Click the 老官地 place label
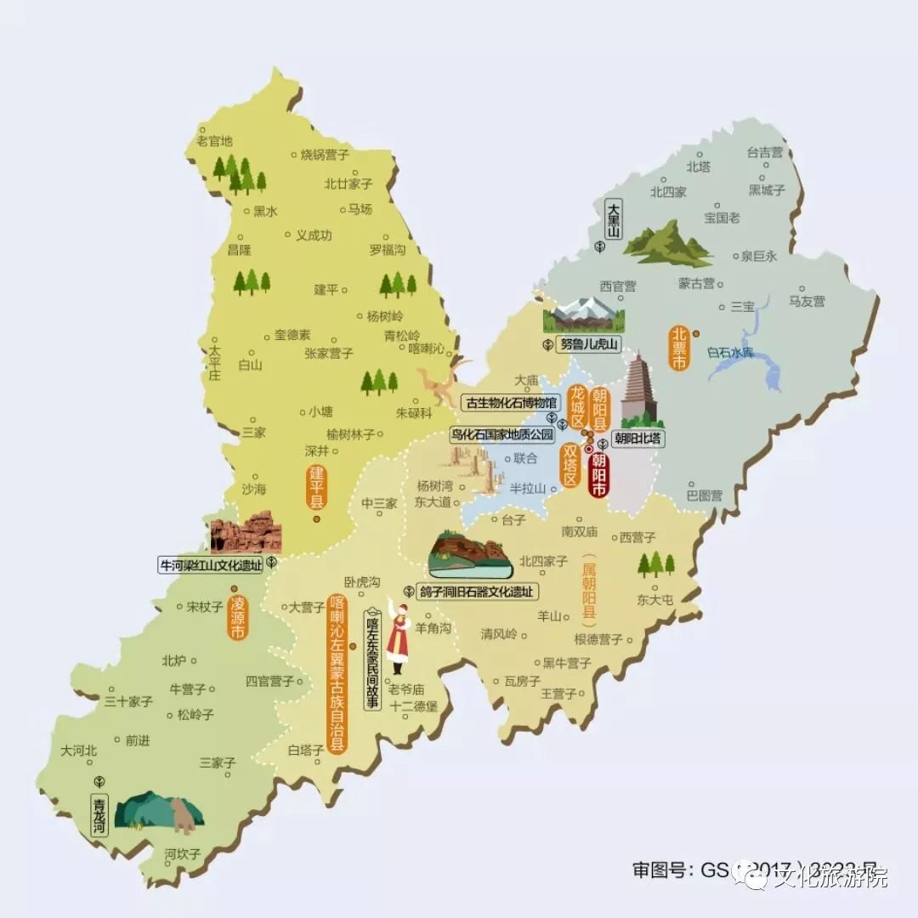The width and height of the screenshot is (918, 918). [x=214, y=141]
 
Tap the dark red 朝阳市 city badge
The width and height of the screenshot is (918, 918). [x=598, y=476]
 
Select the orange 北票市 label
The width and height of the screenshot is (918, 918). [x=679, y=348]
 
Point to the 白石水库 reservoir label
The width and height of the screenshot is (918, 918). [x=730, y=351]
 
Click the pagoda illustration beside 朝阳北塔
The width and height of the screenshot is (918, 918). [x=637, y=389]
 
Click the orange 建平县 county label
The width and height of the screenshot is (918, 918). [x=316, y=487]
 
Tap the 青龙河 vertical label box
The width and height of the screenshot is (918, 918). [x=100, y=815]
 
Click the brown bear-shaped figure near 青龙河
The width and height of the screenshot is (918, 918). [x=182, y=815]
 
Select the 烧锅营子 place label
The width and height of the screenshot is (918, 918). [x=325, y=155]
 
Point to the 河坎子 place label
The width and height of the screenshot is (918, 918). [x=184, y=853]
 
